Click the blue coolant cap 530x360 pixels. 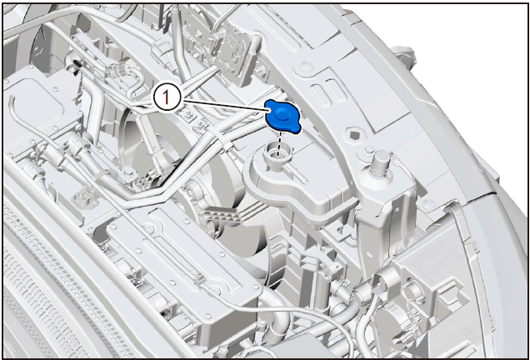coord(282,117)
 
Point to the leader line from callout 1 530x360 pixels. coord(226,105)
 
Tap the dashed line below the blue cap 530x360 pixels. coord(279,143)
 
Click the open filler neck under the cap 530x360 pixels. coord(277,153)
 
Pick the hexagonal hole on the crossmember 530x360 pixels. coord(352,135)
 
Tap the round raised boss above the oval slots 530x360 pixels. coord(305,66)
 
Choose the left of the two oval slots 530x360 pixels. coord(318,92)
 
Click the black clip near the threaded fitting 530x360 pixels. coord(76,64)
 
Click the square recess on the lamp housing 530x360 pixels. coord(449,297)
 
